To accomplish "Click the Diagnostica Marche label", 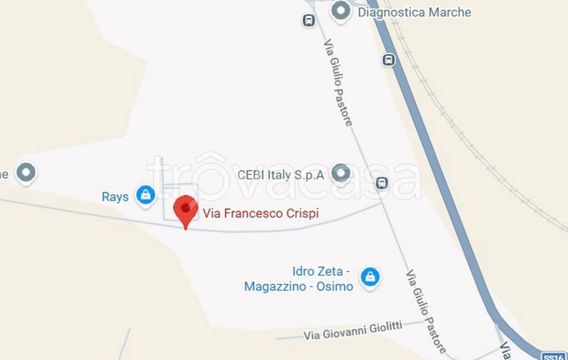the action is click(414, 12).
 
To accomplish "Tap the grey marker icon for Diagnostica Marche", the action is click(341, 11).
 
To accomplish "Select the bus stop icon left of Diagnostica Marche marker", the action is click(308, 21).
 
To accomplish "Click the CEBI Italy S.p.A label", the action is click(281, 175).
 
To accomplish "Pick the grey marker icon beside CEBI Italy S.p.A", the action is click(341, 174).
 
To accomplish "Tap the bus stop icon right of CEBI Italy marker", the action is click(382, 182).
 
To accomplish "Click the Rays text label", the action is click(115, 197).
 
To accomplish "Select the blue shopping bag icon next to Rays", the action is click(146, 195).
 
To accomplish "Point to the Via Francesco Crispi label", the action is click(261, 213).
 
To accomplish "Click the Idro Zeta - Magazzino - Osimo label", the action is click(298, 279).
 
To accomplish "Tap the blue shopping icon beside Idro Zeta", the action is click(369, 277).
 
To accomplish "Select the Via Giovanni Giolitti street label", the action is click(353, 330).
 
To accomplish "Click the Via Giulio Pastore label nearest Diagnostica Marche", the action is click(338, 85).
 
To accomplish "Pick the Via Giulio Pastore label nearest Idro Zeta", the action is click(425, 311).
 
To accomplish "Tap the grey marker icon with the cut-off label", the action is click(26, 173).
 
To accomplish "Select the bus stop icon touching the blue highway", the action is click(389, 59).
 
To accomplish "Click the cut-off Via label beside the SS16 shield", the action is click(505, 351).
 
